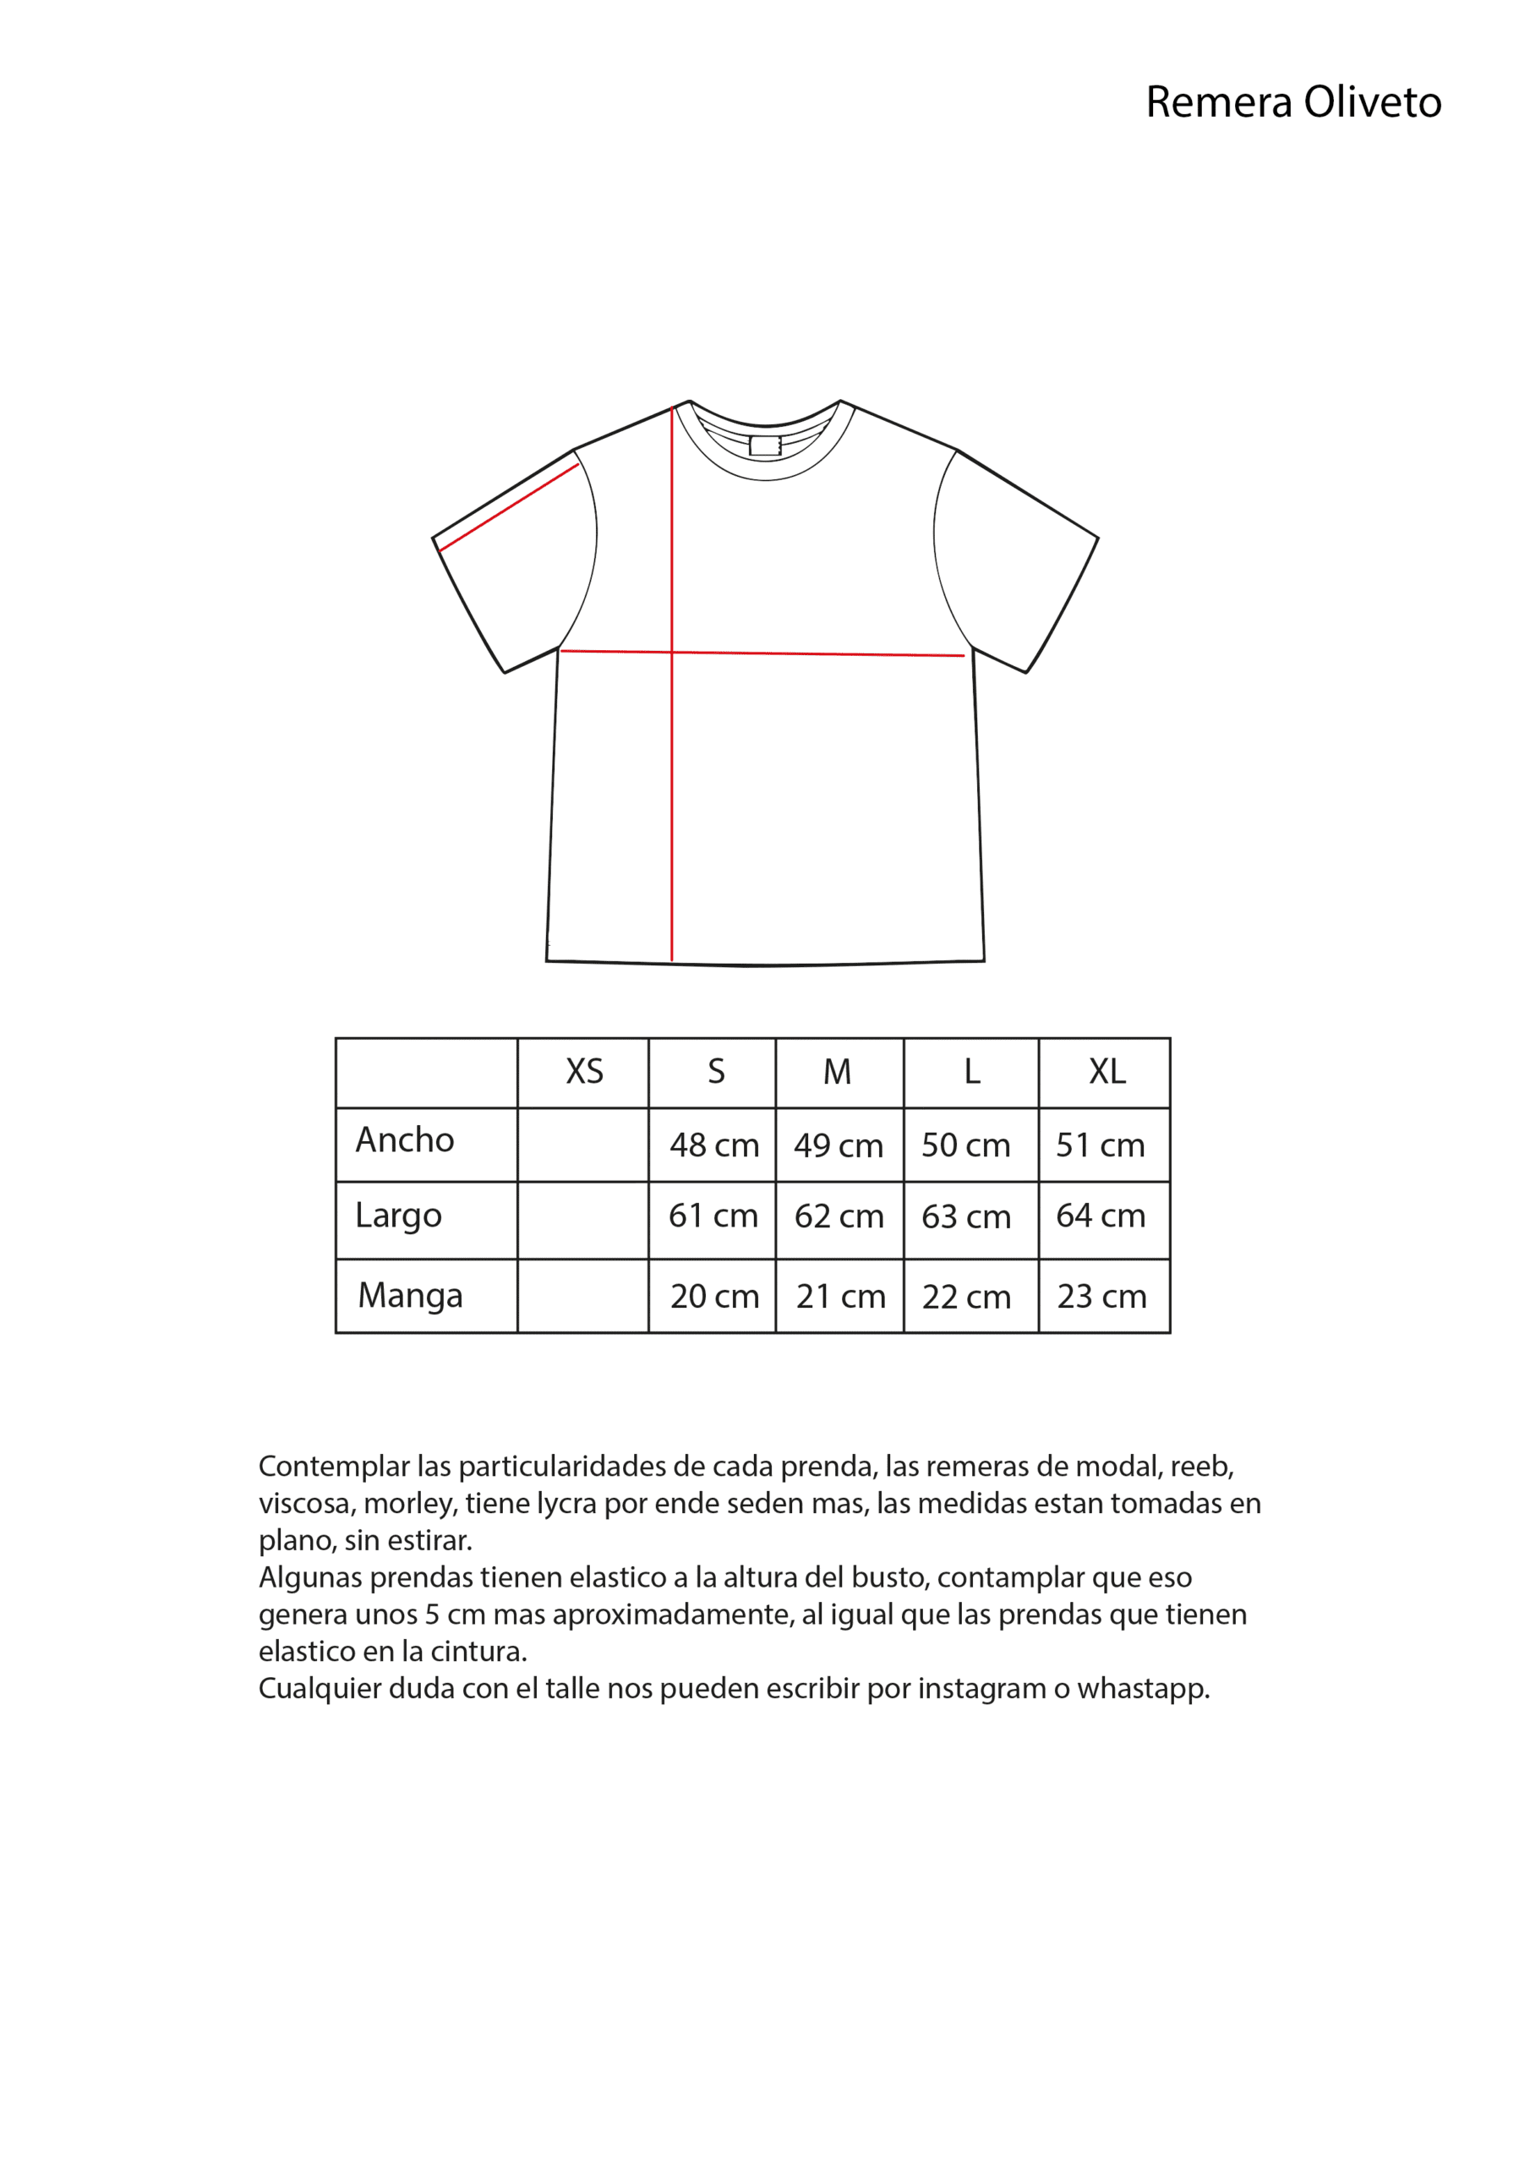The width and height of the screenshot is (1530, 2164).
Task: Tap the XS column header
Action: pos(583,1072)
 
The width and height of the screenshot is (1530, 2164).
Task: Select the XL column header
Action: pos(1106,1072)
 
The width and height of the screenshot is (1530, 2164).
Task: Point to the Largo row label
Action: pos(398,1216)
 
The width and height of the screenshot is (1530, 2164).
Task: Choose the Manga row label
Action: pos(410,1296)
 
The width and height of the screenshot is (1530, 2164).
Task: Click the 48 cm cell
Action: pos(713,1145)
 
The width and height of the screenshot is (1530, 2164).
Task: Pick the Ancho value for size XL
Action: pos(1099,1145)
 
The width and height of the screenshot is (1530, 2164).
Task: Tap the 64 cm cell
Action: pos(1100,1216)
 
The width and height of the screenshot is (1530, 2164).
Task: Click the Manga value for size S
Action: pos(713,1297)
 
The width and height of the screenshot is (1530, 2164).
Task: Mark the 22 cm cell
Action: pos(965,1298)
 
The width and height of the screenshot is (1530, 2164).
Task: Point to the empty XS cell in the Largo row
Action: pos(582,1221)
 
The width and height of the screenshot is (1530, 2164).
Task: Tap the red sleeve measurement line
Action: pos(508,507)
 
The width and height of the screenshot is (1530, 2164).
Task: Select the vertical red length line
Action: pos(671,754)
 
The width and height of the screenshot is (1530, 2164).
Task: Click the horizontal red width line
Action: pos(811,653)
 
